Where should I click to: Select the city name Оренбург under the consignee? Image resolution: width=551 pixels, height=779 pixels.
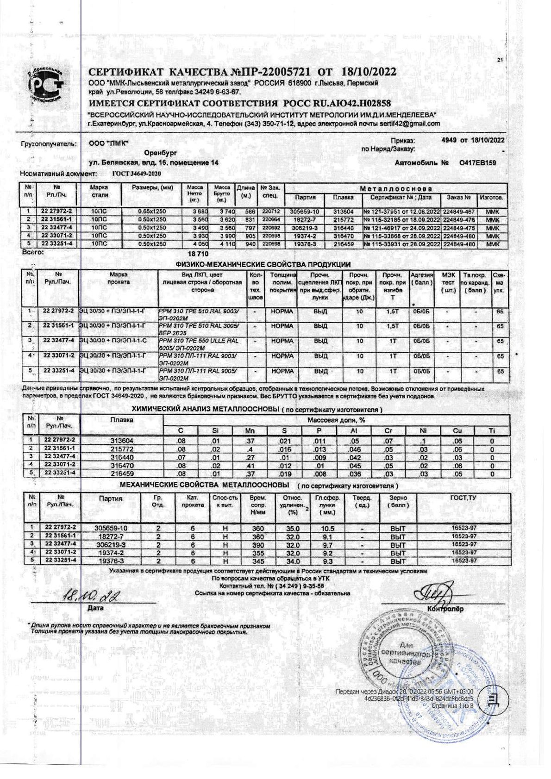pos(160,153)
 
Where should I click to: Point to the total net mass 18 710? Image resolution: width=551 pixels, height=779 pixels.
pos(198,254)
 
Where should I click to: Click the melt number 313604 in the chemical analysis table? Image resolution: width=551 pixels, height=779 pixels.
pos(122,440)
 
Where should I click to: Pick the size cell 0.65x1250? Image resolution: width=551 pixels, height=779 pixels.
pos(152,211)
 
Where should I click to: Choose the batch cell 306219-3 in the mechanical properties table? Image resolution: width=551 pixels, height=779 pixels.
pos(111,545)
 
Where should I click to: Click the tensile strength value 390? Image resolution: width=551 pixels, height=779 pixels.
pos(258,545)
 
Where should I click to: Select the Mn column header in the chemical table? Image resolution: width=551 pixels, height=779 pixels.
pos(250,430)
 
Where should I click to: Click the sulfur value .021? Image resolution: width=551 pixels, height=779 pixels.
pos(284,440)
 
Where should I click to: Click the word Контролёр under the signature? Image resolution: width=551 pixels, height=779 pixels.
pos(445,608)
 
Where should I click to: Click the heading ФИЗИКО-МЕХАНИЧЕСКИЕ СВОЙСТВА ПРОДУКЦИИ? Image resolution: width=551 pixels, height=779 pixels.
pos(263,264)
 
